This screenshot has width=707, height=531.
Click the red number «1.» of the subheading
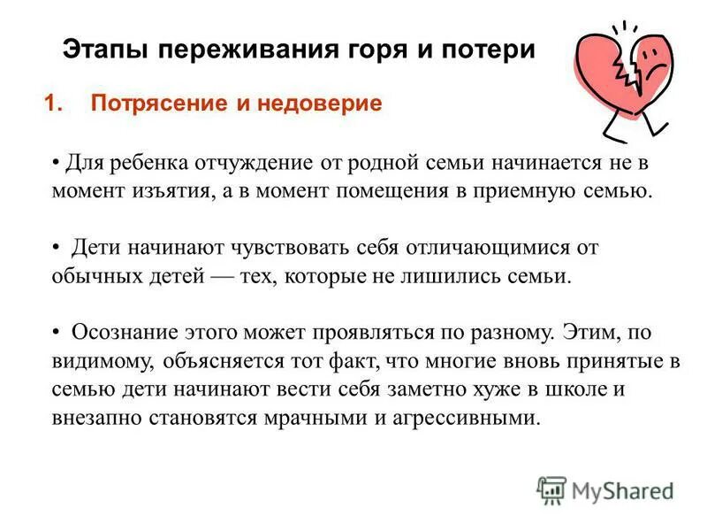pos(55,104)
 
